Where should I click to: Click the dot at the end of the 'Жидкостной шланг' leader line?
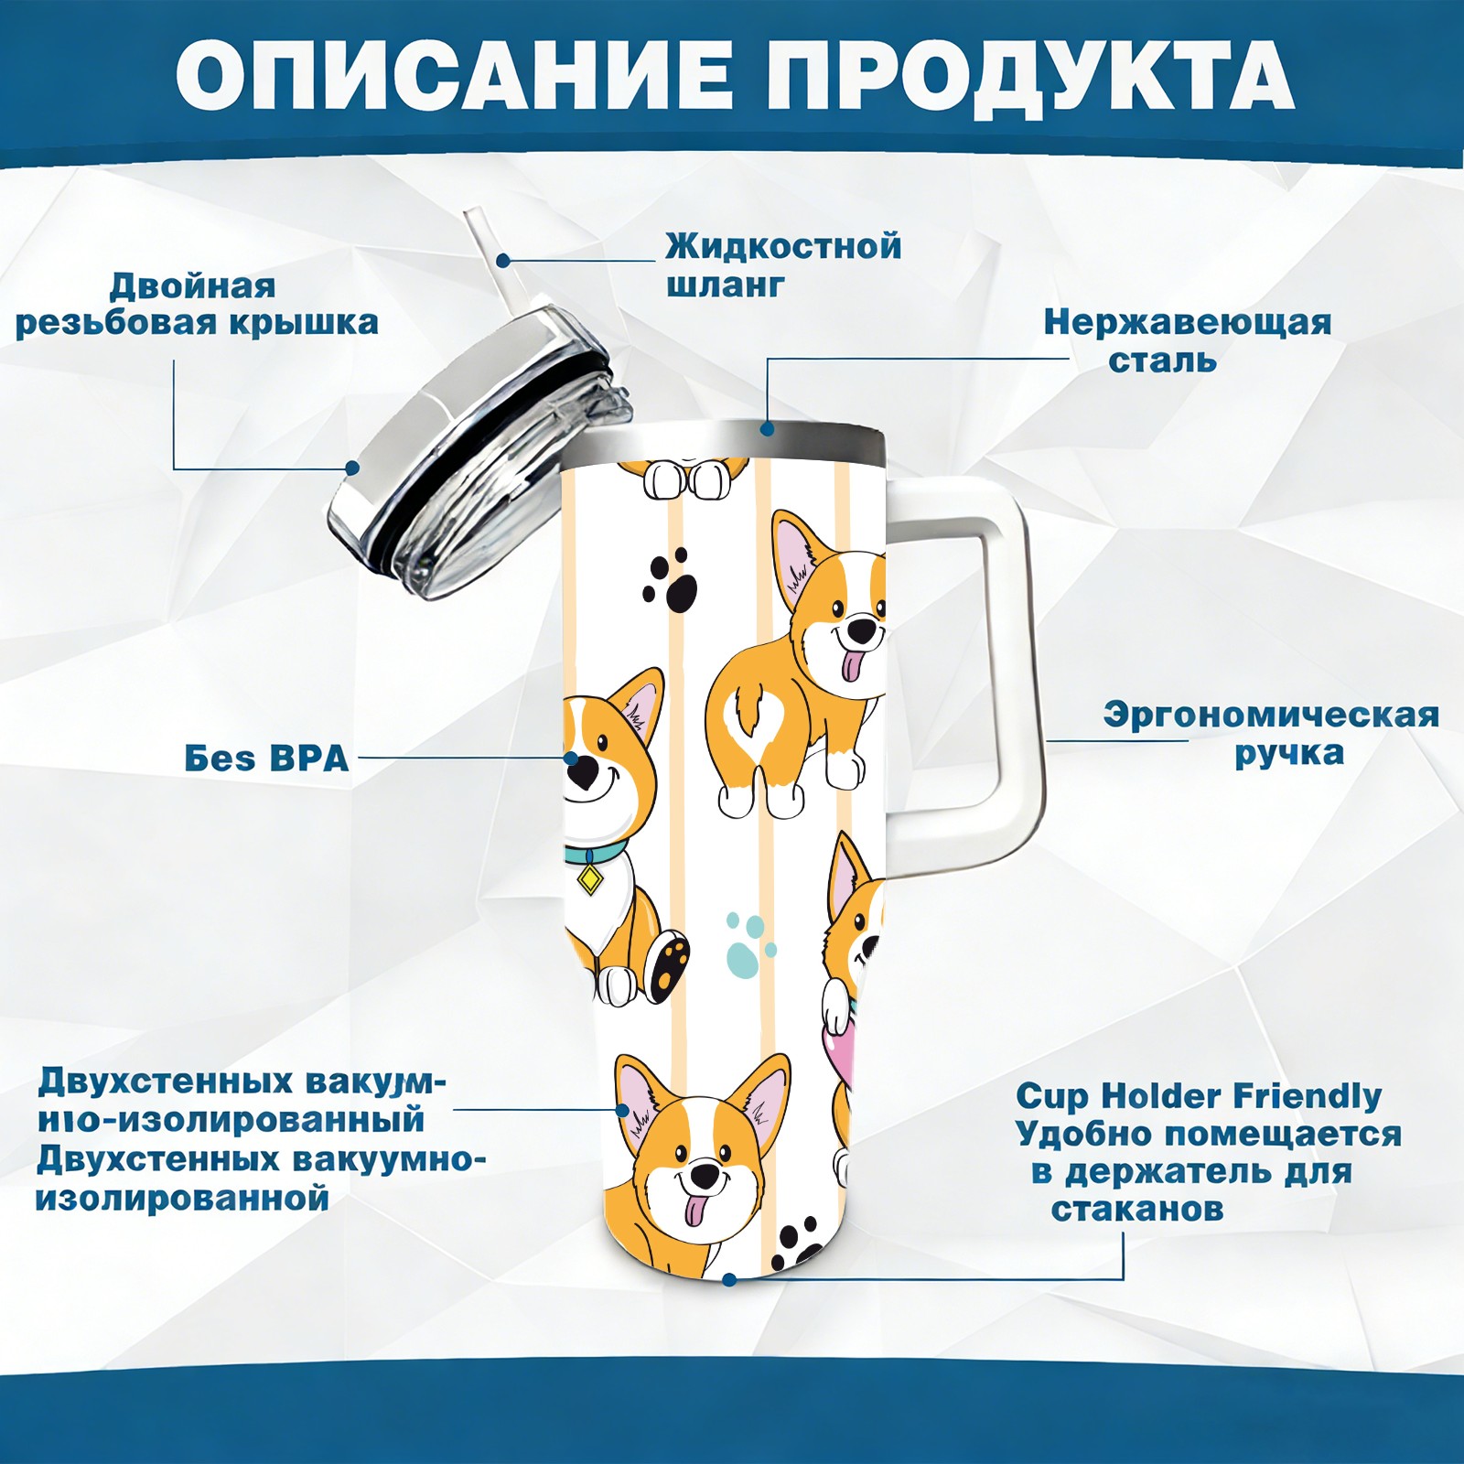[502, 261]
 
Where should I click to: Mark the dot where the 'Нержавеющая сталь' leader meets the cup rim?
[767, 428]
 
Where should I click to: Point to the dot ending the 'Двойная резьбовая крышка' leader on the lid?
[351, 468]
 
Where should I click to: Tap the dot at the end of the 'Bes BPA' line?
[571, 759]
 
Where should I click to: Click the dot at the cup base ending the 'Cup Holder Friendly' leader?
[728, 1278]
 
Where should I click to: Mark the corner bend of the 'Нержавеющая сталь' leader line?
[768, 360]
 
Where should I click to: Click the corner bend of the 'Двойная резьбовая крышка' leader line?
[175, 468]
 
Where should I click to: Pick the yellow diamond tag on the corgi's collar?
[590, 880]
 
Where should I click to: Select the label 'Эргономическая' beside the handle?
[1271, 715]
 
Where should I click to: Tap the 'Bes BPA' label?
[266, 759]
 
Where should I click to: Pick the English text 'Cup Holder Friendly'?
[1199, 1095]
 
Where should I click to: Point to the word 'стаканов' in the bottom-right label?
[1137, 1210]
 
